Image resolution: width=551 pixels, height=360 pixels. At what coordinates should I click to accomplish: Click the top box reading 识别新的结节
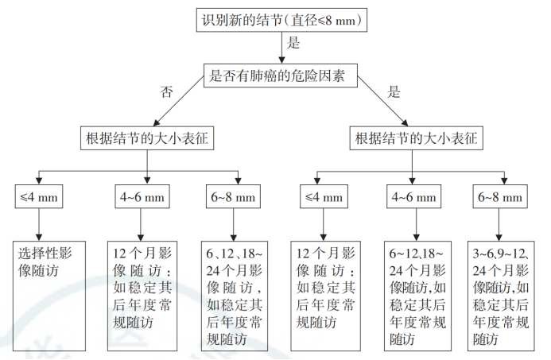pos(284,20)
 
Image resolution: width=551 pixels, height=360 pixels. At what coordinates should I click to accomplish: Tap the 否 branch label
pos(167,92)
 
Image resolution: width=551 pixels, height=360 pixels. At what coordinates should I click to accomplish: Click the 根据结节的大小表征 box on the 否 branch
pos(149,138)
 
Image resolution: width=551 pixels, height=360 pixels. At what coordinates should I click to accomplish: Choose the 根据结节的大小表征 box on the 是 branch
pos(414,138)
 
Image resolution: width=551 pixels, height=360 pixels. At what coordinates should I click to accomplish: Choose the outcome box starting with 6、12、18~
pos(235,293)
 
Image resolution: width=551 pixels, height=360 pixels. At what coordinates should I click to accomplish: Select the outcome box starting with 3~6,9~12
pos(501,293)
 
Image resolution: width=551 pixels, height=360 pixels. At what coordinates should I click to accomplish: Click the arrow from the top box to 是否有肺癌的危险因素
pos(283,48)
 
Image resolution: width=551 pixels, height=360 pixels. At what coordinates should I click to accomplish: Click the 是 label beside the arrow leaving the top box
pos(293,42)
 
